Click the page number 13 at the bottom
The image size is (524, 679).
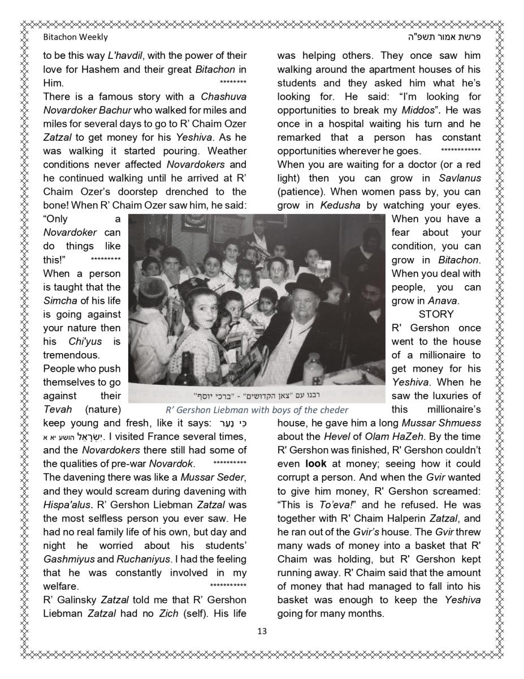[x=262, y=631]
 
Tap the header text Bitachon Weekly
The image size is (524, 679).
[x=75, y=37]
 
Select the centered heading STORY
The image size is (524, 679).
[x=436, y=314]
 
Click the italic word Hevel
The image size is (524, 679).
[x=338, y=437]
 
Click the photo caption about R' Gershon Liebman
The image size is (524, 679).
[x=256, y=410]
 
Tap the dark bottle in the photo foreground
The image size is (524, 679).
[x=187, y=371]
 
